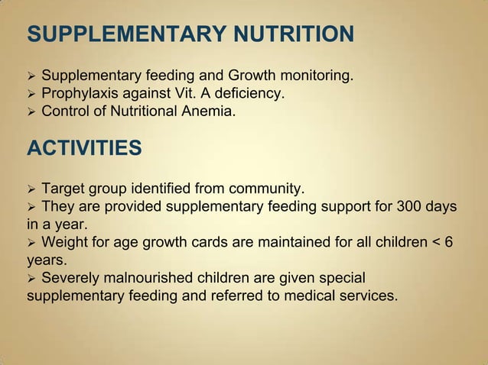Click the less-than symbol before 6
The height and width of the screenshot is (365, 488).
pos(435,243)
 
